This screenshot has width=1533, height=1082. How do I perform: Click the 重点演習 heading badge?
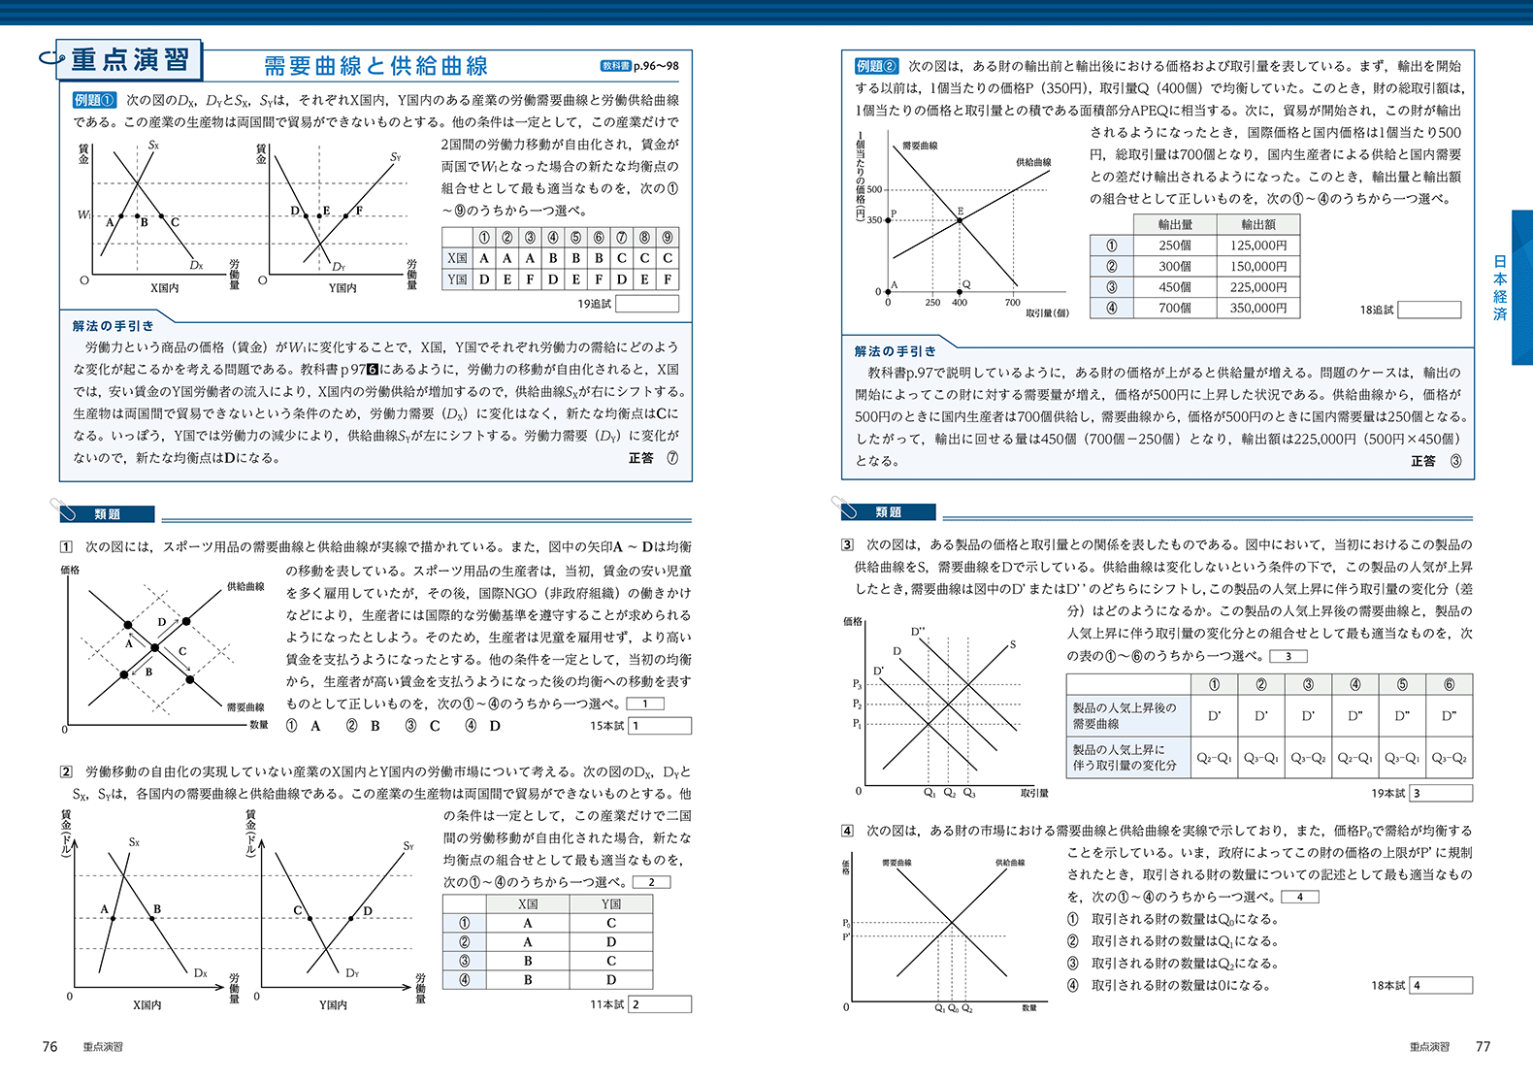pyautogui.click(x=129, y=60)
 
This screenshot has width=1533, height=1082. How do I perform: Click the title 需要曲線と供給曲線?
pyautogui.click(x=375, y=66)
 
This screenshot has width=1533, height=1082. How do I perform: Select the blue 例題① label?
pyautogui.click(x=95, y=100)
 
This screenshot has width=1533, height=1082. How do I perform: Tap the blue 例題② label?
pyautogui.click(x=876, y=66)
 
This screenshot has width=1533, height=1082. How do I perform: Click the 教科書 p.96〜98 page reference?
pyautogui.click(x=639, y=66)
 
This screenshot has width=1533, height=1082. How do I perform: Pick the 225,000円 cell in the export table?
pyautogui.click(x=1258, y=287)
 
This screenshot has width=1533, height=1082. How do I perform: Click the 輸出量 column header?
pyautogui.click(x=1175, y=224)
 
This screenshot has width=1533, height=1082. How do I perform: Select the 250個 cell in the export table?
pyautogui.click(x=1175, y=246)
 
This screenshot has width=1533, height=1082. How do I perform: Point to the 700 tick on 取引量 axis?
pyautogui.click(x=1012, y=303)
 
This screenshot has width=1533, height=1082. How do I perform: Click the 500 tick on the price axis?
pyautogui.click(x=874, y=189)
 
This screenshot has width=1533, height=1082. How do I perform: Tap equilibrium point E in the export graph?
pyautogui.click(x=960, y=219)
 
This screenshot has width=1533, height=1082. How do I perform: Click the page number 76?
pyautogui.click(x=50, y=1046)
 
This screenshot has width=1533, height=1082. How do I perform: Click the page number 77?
pyautogui.click(x=1483, y=1046)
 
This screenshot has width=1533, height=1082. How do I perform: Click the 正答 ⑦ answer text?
pyautogui.click(x=653, y=458)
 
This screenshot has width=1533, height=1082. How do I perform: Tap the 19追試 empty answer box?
pyautogui.click(x=647, y=304)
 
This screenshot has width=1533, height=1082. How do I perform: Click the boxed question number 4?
pyautogui.click(x=847, y=831)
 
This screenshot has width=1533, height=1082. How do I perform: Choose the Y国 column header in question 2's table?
pyautogui.click(x=610, y=903)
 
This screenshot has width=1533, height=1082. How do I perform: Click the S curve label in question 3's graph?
pyautogui.click(x=1013, y=644)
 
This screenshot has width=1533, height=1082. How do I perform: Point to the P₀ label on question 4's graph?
pyautogui.click(x=846, y=923)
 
